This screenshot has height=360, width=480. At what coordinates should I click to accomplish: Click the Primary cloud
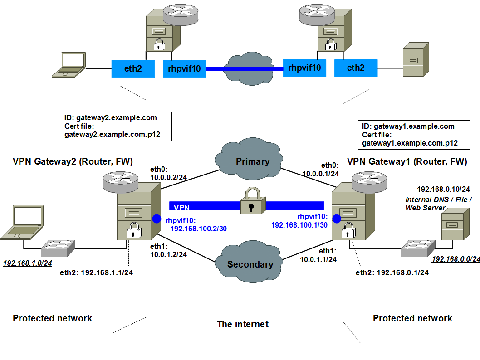[x=252, y=161]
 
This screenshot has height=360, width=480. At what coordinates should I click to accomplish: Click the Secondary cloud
[x=250, y=264]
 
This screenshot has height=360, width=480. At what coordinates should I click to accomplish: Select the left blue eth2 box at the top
[x=133, y=69]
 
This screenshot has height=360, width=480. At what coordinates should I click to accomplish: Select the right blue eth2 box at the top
[x=356, y=68]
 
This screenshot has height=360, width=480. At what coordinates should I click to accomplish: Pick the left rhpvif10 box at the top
[x=185, y=69]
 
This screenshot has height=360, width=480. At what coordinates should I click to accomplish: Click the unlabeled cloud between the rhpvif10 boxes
[x=245, y=68]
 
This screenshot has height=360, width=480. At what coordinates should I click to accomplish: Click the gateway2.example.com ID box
[x=116, y=126]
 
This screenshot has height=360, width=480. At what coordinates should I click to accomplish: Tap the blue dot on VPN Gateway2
[x=157, y=219]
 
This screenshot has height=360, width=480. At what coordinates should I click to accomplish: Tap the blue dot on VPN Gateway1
[x=337, y=219]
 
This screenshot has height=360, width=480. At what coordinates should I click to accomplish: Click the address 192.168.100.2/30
[x=198, y=229]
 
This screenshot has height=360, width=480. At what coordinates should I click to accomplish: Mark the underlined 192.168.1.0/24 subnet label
[x=27, y=263]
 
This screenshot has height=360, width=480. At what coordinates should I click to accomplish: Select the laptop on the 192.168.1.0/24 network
[x=23, y=222]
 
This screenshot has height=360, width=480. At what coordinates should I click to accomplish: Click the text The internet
[x=243, y=324]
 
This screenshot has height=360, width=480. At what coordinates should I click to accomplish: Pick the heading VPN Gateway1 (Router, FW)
[x=407, y=161]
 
